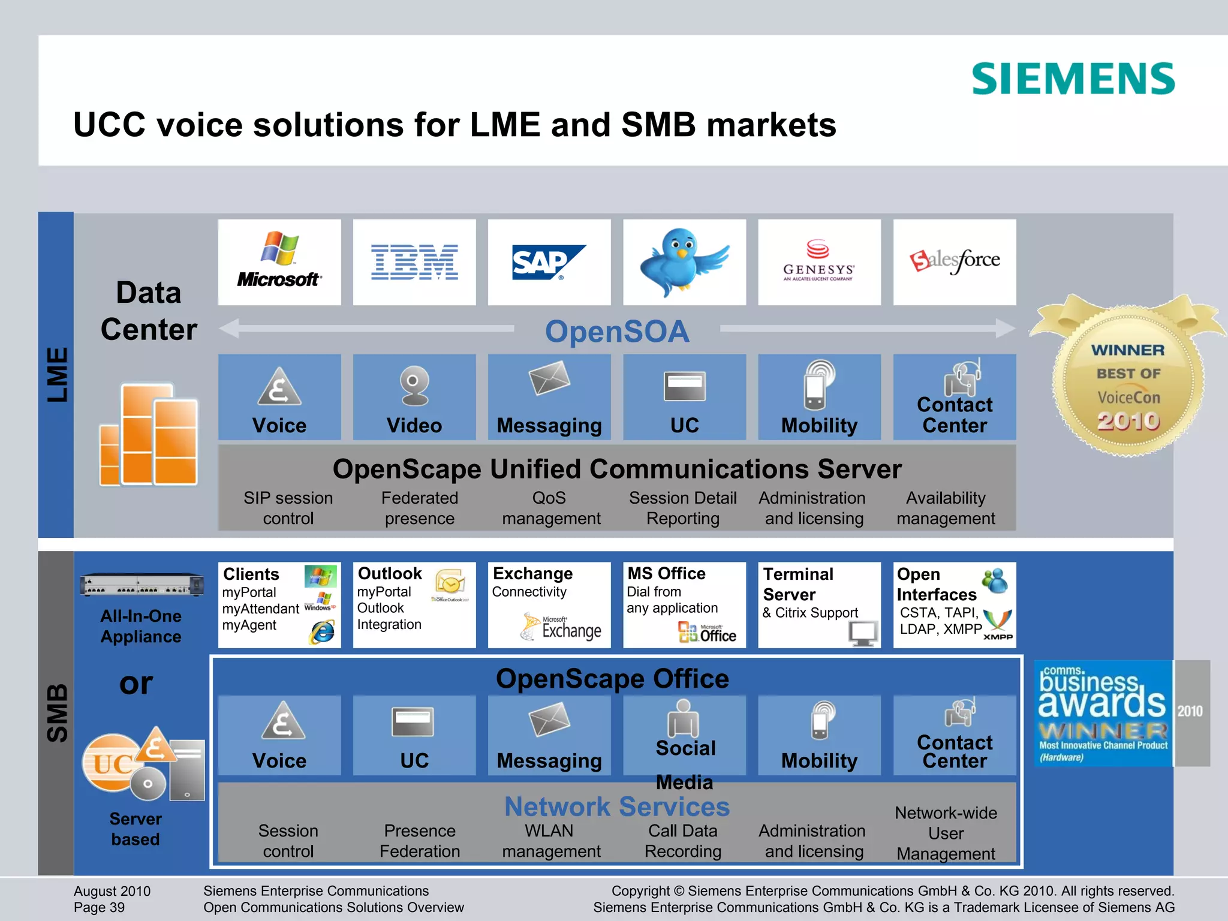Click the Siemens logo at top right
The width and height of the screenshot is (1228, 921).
click(x=1073, y=79)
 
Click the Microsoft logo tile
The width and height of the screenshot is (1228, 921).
click(x=279, y=263)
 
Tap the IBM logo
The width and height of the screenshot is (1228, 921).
click(x=414, y=263)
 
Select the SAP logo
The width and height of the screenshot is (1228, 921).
click(x=549, y=263)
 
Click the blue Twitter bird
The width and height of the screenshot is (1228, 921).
click(x=684, y=261)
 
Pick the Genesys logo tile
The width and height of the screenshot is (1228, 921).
click(x=819, y=263)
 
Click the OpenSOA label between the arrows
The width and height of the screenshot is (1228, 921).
click(x=617, y=331)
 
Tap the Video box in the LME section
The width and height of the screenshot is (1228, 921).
click(x=414, y=398)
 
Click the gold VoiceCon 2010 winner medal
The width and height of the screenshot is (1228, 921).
click(x=1128, y=384)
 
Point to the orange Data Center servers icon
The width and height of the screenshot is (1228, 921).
click(x=149, y=435)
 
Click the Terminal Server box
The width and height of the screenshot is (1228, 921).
click(x=819, y=604)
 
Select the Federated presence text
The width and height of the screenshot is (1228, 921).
click(x=420, y=508)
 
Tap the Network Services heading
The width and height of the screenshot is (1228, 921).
click(x=617, y=806)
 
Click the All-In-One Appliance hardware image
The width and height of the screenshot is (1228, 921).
click(x=142, y=585)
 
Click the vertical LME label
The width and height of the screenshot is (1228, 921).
click(x=57, y=375)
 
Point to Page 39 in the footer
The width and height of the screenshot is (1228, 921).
click(x=100, y=907)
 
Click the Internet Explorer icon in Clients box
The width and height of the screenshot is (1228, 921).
click(x=323, y=631)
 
